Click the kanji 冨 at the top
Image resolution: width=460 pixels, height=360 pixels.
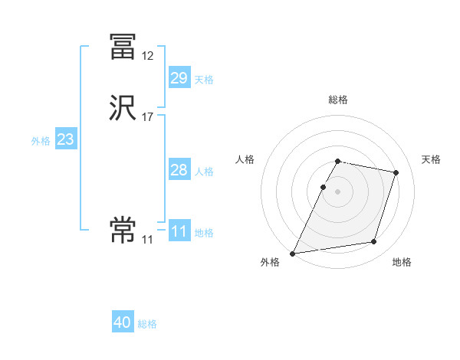(x=123, y=46)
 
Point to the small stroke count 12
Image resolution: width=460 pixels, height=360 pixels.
(x=147, y=55)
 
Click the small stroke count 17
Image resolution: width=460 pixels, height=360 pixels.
(x=147, y=117)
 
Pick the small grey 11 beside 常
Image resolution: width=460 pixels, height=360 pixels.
(x=147, y=240)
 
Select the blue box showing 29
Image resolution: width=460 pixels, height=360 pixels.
(x=179, y=78)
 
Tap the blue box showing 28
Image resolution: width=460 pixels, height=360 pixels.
(x=179, y=170)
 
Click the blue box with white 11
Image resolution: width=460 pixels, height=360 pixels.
(x=179, y=231)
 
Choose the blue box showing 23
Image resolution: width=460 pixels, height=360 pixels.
(x=65, y=139)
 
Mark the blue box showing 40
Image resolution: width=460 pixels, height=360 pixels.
(x=123, y=323)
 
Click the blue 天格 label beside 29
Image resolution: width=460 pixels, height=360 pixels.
(x=204, y=80)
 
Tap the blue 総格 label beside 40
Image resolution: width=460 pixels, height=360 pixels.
(x=147, y=325)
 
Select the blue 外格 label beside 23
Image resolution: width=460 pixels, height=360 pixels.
(x=41, y=141)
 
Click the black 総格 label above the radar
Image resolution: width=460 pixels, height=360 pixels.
(x=338, y=100)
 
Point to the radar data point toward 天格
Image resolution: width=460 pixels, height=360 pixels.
(x=396, y=172)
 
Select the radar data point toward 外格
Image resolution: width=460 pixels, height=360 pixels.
(x=293, y=254)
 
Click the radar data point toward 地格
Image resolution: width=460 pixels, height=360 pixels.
(x=374, y=242)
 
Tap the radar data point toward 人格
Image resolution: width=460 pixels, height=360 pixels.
(x=324, y=187)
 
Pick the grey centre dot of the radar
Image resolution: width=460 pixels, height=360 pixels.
(x=338, y=191)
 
